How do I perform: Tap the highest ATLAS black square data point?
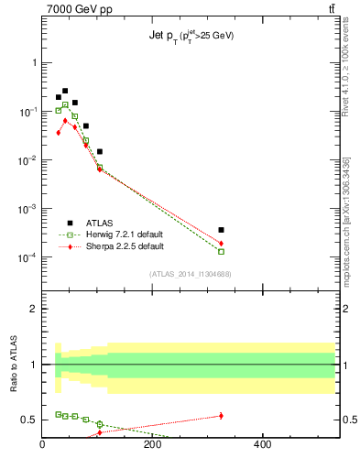(x=65, y=91)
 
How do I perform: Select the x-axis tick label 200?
(x=152, y=445)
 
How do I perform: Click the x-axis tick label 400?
(x=261, y=445)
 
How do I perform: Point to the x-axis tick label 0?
(x=42, y=445)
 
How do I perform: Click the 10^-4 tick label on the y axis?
(x=27, y=257)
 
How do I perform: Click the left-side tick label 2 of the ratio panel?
(x=33, y=309)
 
